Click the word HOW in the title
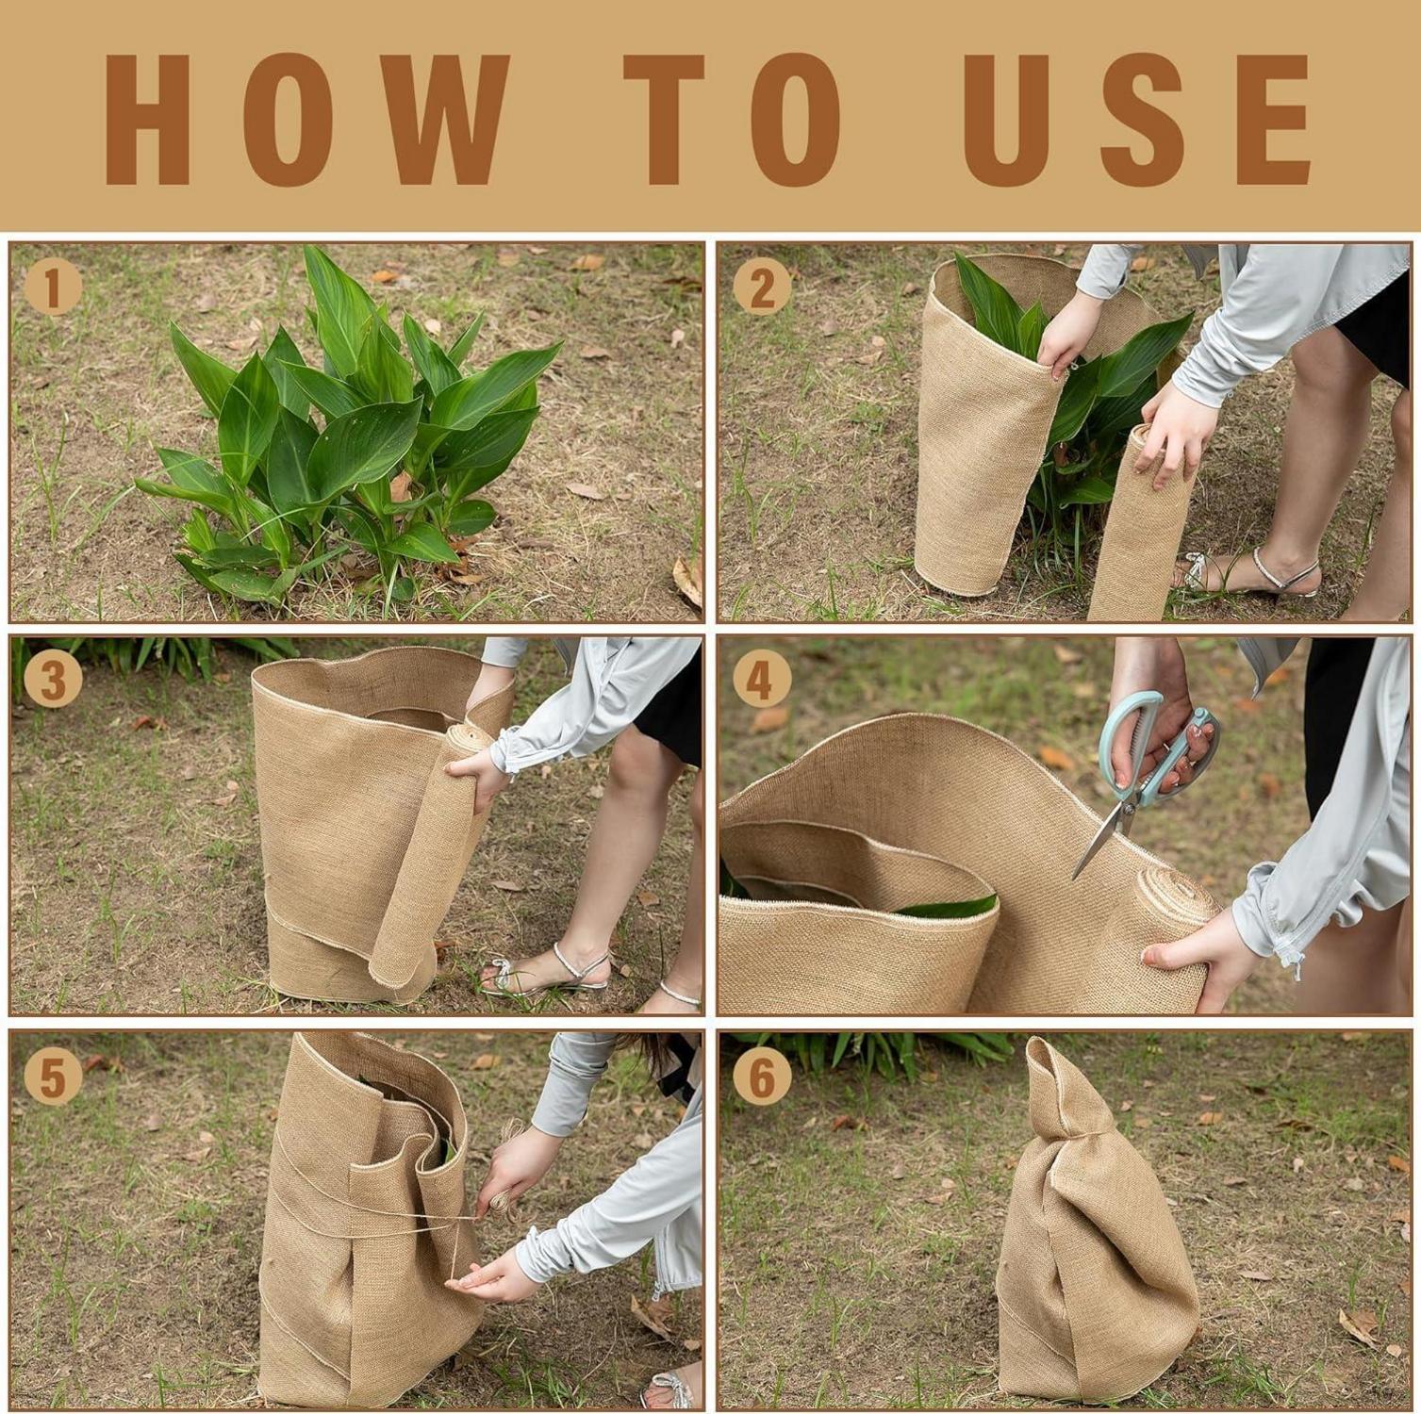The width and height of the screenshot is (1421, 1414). pyautogui.click(x=306, y=119)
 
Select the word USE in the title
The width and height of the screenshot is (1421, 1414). pyautogui.click(x=1136, y=119)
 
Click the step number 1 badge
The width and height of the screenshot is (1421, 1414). pyautogui.click(x=53, y=287)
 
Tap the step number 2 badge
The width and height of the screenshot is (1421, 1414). pyautogui.click(x=761, y=287)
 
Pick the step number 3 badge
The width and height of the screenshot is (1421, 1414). pyautogui.click(x=53, y=679)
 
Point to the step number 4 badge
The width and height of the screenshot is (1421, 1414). pyautogui.click(x=761, y=679)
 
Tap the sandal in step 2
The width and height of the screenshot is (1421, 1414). pyautogui.click(x=1249, y=573)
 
